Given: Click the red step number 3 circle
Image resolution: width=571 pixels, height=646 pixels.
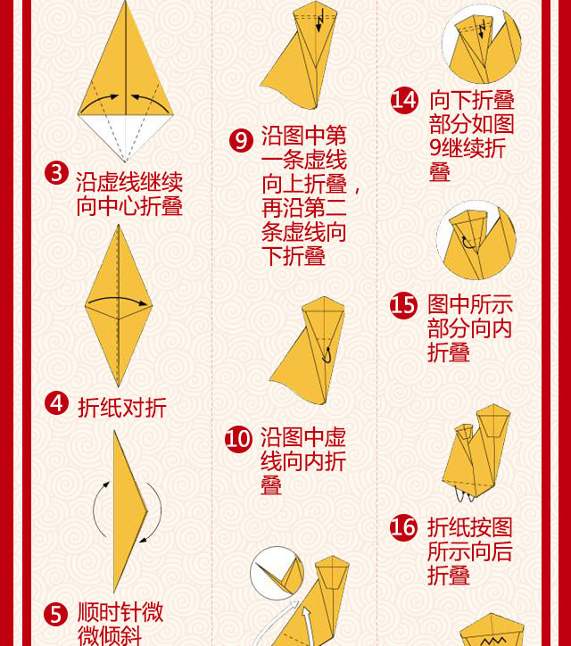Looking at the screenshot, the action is coord(56,172).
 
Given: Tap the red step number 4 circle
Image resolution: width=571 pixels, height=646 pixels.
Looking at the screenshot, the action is coord(56,402).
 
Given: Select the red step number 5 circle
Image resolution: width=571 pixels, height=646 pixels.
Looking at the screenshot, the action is coord(55,614).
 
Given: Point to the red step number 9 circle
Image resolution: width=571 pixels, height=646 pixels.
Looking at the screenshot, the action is coord(241,140).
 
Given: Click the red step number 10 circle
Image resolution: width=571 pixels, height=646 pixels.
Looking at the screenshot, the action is coord(238,439).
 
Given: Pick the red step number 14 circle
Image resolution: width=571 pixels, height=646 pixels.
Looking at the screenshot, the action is coord(404,100).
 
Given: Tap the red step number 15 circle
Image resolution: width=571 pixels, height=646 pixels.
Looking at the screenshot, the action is coord(403,305).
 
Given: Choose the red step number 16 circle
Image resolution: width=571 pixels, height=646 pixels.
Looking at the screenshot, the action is coord(403,527).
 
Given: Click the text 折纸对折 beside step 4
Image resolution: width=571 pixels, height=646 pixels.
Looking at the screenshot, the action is coord(122,408).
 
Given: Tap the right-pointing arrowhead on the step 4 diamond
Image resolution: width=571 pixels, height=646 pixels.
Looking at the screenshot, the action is coord(143,304).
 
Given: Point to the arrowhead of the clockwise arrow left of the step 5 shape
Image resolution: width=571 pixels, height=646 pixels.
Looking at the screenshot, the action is coord(107,484).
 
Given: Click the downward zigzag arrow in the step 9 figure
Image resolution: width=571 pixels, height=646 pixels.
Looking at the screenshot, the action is coord(319,22).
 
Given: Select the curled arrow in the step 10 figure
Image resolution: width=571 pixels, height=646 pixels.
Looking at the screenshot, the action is coord(327,355).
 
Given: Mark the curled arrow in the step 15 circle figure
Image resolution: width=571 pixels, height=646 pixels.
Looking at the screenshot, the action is coord(468,243).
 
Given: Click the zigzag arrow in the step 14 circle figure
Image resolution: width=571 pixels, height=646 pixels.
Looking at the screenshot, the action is coord(482,32).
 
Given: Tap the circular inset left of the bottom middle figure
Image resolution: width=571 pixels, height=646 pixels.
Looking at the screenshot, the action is coord(277,573).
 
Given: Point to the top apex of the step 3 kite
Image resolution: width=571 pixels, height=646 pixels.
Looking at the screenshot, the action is coord(126,1).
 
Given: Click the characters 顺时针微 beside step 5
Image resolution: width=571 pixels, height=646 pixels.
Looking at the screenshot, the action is coord(120,612).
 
